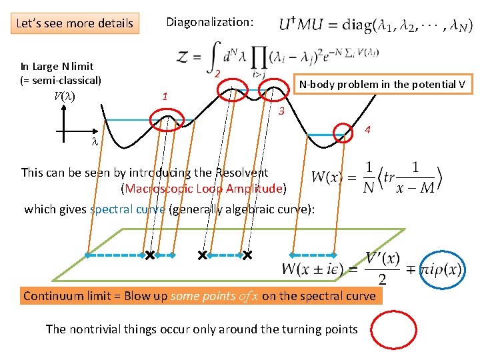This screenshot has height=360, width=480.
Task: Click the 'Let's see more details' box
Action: coord(74,23)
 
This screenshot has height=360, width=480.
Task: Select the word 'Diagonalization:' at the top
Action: coord(209,22)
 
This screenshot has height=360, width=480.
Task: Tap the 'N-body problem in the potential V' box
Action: coord(383,84)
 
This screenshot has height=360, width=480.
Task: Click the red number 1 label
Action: coord(165,97)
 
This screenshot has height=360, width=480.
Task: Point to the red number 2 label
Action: coord(217,73)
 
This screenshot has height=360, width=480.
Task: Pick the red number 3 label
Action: coord(281,111)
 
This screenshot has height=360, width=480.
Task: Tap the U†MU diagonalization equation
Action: coord(375,27)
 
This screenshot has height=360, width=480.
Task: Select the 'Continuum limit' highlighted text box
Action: coord(199,295)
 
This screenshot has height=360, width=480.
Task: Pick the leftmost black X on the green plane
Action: coord(150,255)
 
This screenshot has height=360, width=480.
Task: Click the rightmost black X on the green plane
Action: coord(247,255)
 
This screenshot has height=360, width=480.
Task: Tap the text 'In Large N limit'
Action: coord(57,66)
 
